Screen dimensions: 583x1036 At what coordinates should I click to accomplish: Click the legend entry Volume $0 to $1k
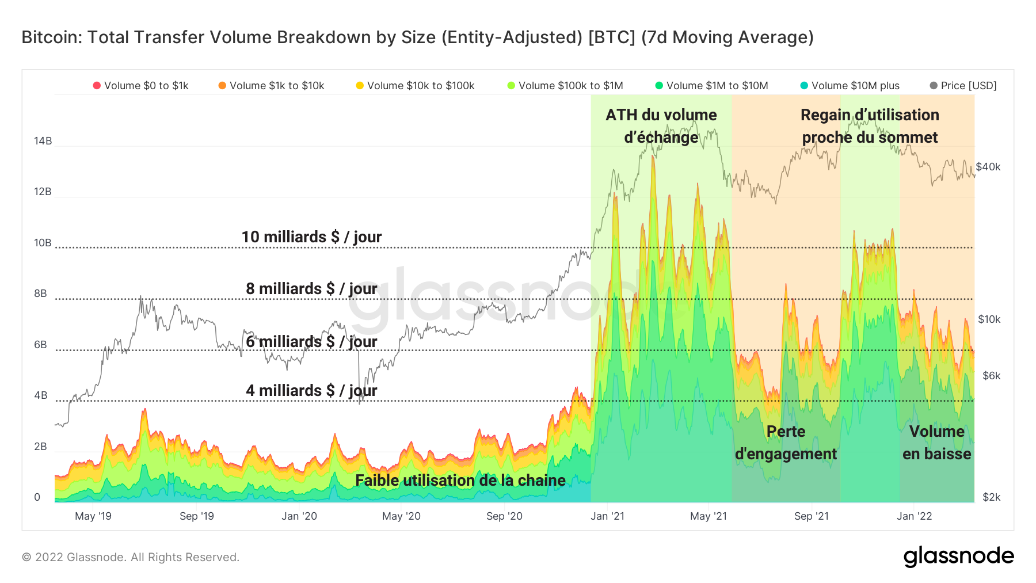[x=141, y=86]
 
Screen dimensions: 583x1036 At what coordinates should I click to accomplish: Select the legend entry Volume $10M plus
[x=850, y=86]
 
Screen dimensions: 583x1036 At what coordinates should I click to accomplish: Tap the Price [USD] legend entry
[x=963, y=86]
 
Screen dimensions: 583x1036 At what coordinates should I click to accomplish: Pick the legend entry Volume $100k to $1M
[x=565, y=86]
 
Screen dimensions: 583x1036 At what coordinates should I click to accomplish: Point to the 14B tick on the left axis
[x=43, y=141]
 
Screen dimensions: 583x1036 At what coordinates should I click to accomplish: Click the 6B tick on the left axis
[x=40, y=345]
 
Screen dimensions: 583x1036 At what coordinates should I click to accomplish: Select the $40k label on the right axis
[x=988, y=167]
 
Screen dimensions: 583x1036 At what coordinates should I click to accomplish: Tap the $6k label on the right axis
[x=992, y=376]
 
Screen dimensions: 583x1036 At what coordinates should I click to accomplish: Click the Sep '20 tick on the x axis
[x=504, y=516]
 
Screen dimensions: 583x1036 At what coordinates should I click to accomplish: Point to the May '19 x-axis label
[x=93, y=516]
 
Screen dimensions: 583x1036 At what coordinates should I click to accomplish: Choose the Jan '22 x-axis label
[x=914, y=516]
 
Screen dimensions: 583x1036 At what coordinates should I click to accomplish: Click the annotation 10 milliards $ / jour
[x=311, y=237]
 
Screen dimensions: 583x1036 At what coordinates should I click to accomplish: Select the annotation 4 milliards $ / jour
[x=311, y=391]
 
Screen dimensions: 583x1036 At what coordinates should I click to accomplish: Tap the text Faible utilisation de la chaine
[x=460, y=481]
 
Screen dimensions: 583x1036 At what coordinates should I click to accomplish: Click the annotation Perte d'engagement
[x=786, y=443]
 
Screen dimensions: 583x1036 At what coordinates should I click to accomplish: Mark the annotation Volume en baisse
[x=936, y=443]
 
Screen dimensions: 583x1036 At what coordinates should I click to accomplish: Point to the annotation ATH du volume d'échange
[x=661, y=126]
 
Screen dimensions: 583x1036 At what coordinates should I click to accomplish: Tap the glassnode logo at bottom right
[x=958, y=557]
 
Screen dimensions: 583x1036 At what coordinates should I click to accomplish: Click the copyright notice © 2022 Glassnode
[x=131, y=557]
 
